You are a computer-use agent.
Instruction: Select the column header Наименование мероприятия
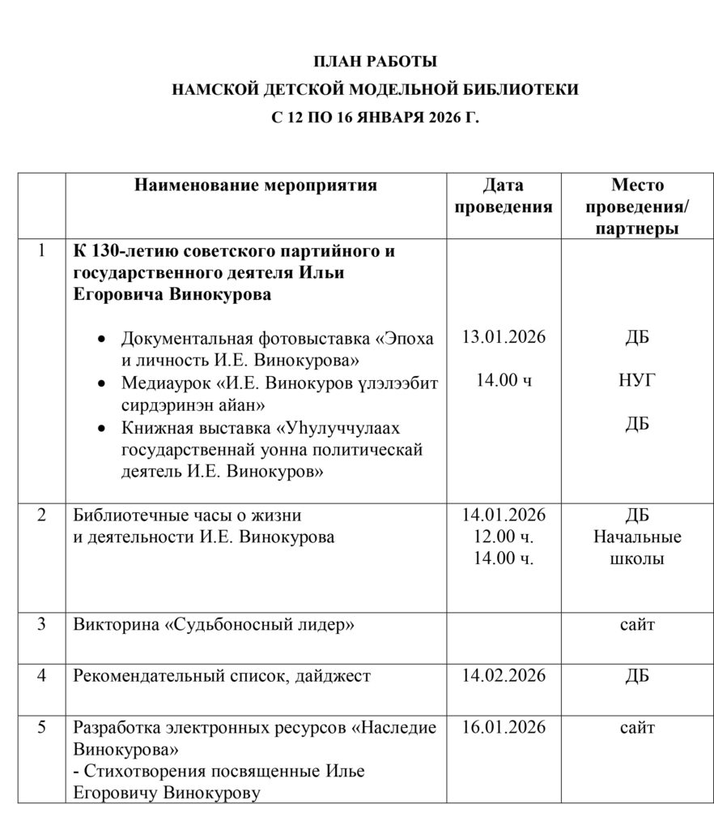pyautogui.click(x=256, y=186)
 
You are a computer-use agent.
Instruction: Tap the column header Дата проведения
pyautogui.click(x=504, y=196)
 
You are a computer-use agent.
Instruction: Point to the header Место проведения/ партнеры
pyautogui.click(x=637, y=207)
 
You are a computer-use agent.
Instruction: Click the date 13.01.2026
pyautogui.click(x=504, y=337)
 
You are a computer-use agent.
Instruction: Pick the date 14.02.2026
pyautogui.click(x=504, y=675)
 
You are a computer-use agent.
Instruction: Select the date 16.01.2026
pyautogui.click(x=504, y=727)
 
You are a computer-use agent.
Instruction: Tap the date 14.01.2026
pyautogui.click(x=504, y=516)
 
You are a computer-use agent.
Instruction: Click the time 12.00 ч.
pyautogui.click(x=504, y=537)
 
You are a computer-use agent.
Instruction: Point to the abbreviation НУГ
pyautogui.click(x=637, y=380)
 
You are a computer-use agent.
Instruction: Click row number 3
pyautogui.click(x=42, y=625)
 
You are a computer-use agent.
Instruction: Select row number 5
pyautogui.click(x=42, y=727)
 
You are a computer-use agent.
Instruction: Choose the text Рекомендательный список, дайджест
pyautogui.click(x=222, y=675)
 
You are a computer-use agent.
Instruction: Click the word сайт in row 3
pyautogui.click(x=637, y=625)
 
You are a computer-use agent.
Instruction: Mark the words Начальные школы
pyautogui.click(x=637, y=547)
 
